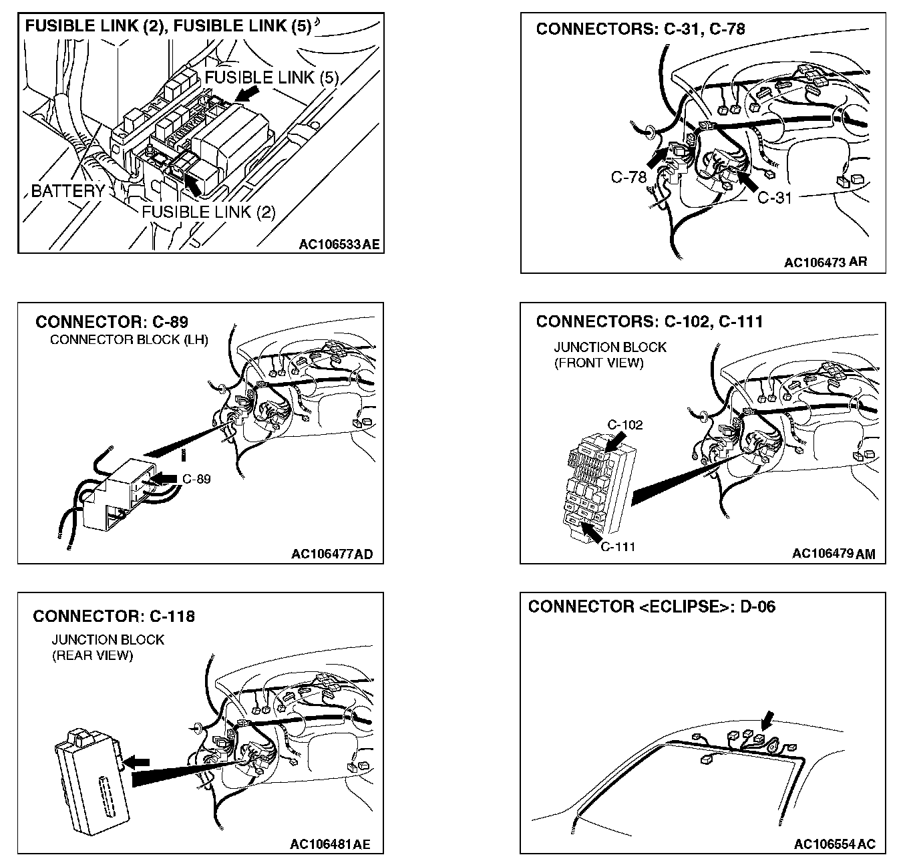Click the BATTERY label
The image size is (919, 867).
click(x=67, y=191)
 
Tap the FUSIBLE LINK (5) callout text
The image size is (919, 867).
click(x=271, y=77)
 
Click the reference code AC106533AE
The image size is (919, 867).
click(x=339, y=244)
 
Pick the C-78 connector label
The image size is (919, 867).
click(x=628, y=177)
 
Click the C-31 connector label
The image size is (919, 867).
click(x=775, y=198)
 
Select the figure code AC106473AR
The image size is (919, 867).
click(x=825, y=263)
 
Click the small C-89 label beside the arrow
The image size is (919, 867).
click(x=196, y=479)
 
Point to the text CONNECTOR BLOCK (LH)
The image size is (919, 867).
click(x=129, y=339)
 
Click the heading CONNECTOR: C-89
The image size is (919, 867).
click(x=112, y=322)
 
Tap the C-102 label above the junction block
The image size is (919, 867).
click(x=625, y=425)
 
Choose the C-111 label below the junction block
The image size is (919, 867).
click(x=618, y=547)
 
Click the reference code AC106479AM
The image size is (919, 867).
click(x=834, y=554)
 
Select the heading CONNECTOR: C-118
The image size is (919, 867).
click(x=114, y=616)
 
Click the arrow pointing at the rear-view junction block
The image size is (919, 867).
click(x=138, y=761)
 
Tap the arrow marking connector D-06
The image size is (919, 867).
click(x=767, y=720)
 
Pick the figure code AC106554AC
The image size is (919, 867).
click(x=835, y=844)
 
